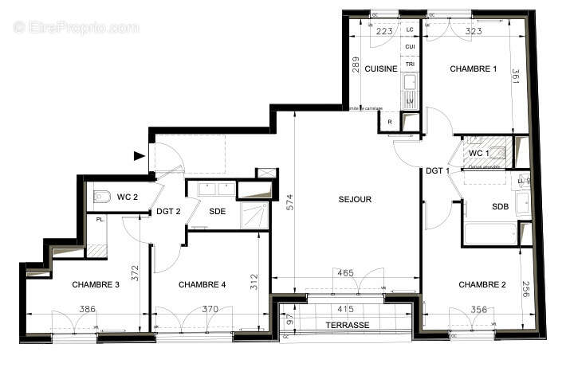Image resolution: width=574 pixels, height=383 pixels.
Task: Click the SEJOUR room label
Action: [x=355, y=200]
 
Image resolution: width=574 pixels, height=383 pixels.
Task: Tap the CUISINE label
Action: [x=381, y=69]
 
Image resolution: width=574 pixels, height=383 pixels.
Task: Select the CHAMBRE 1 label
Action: [x=474, y=69]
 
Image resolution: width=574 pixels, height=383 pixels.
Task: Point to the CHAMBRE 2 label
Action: [x=482, y=284]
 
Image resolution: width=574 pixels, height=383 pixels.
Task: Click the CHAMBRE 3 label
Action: [x=96, y=284]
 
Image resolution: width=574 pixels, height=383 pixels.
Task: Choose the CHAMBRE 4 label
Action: [x=202, y=284]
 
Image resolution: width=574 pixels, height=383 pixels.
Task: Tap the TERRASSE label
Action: [x=347, y=326]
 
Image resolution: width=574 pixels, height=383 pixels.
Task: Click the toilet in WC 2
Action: [x=101, y=195]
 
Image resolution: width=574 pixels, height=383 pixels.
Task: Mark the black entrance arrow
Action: [x=140, y=156]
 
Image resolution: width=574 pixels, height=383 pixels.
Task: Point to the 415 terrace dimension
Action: [x=344, y=308]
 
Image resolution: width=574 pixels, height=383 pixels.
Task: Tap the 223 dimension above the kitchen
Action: [x=384, y=31]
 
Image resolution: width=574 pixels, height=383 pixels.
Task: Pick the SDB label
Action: [x=500, y=206]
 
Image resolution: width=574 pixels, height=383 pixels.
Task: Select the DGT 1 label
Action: [x=438, y=170]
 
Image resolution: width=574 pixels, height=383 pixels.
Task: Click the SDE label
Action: [x=217, y=212]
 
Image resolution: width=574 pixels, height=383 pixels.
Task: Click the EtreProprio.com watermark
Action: [x=76, y=27]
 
